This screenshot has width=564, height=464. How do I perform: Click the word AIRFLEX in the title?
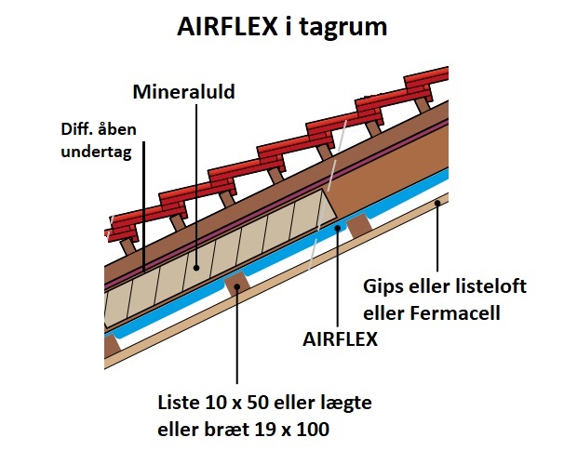click(x=227, y=26)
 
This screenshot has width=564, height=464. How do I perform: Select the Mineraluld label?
click(x=183, y=92)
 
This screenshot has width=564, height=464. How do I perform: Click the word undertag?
click(x=97, y=152)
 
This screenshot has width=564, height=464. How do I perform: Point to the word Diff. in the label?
click(x=76, y=129)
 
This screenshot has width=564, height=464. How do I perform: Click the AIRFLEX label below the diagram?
click(x=341, y=338)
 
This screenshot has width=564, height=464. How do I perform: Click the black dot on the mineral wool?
click(x=196, y=268)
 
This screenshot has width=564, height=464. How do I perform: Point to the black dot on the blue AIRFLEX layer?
click(x=338, y=228)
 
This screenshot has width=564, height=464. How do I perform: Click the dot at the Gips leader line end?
click(x=437, y=203)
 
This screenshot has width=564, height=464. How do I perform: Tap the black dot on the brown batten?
click(x=237, y=286)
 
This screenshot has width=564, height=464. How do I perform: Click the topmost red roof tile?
click(x=426, y=76)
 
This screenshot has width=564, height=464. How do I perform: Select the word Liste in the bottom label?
click(x=178, y=403)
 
